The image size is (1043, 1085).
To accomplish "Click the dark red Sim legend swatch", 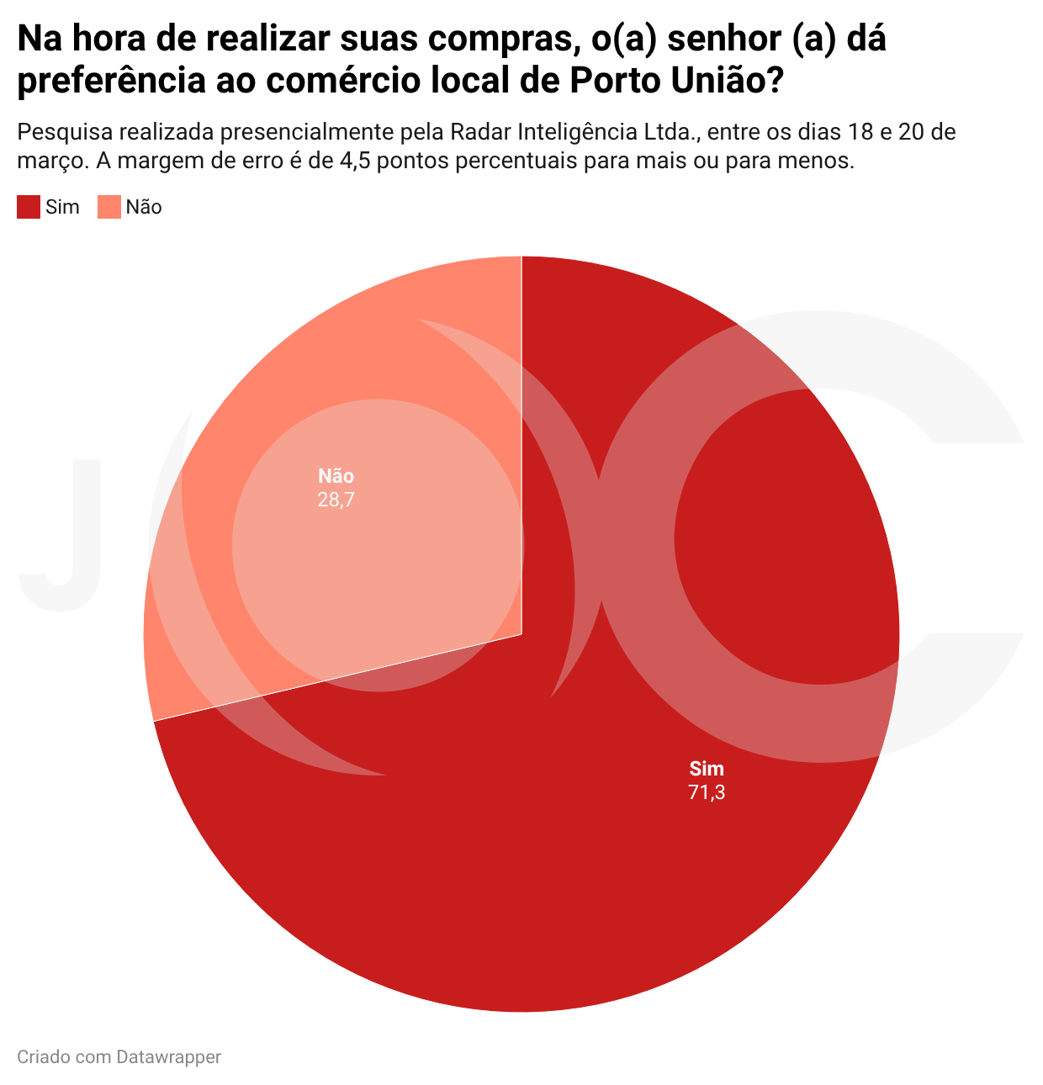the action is tap(29, 207).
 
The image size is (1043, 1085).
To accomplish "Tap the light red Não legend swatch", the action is tap(109, 207).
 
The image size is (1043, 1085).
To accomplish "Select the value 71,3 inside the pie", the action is tap(707, 792).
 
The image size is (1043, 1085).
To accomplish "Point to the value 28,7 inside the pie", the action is tap(336, 500).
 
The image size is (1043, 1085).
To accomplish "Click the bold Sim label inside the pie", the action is tap(707, 769).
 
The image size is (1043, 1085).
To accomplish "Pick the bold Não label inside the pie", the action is tap(336, 475).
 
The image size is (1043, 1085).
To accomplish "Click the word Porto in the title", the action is tap(615, 81).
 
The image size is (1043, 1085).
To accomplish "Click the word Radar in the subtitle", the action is tap(481, 132).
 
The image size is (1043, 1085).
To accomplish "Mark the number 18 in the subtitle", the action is tap(859, 132).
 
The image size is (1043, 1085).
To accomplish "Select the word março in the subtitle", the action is tap(53, 161).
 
